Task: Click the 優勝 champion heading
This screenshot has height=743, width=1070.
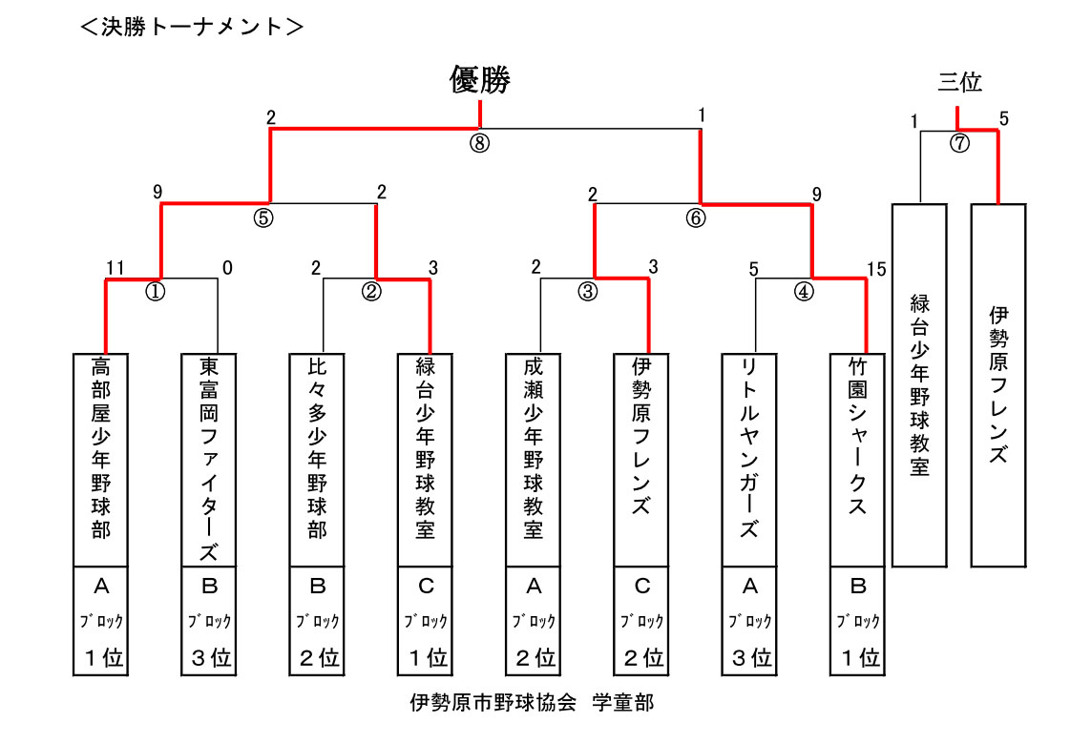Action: pos(480,81)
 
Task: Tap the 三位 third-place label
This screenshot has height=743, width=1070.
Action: pos(959,82)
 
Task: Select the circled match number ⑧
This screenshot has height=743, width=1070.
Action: pos(479,143)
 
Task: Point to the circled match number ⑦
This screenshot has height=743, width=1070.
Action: pos(959,144)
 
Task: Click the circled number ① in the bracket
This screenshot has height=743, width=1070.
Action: pos(155,292)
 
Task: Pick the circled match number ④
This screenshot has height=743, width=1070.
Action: pos(805,292)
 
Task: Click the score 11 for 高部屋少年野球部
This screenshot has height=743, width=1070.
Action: pos(115,268)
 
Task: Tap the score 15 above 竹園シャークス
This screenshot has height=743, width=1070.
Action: pos(876,268)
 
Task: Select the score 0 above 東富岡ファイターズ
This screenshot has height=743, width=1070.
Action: pos(227,268)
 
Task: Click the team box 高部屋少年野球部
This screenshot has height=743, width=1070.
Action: pos(101,460)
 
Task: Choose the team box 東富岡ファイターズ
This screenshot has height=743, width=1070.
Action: pos(209,460)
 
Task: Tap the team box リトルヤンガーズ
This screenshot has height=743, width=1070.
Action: pos(749,460)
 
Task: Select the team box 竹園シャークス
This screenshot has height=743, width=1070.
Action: pos(858,460)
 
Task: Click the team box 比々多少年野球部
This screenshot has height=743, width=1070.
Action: pos(318,460)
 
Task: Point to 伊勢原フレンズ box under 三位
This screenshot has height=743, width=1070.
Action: pos(998,385)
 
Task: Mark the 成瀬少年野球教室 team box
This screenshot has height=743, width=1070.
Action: pos(534,460)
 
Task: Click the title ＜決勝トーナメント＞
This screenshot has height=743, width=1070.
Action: pos(192,27)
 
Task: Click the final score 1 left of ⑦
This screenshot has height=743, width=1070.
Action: pos(913,121)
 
